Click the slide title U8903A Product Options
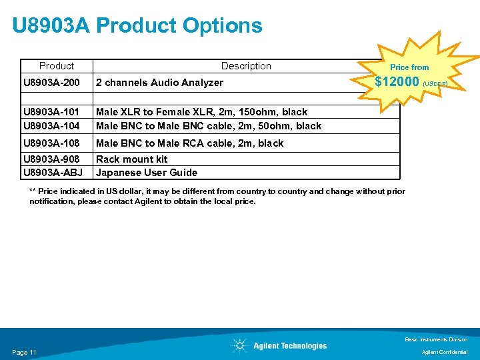click(137, 26)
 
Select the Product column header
click(57, 66)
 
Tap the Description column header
click(246, 66)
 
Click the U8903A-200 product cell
click(52, 83)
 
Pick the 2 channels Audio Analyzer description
click(160, 83)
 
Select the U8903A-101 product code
click(52, 112)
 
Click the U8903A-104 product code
click(52, 125)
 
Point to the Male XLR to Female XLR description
click(201, 112)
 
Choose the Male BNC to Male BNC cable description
click(208, 125)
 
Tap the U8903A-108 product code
click(52, 143)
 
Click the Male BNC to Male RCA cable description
click(189, 143)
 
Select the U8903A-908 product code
click(52, 159)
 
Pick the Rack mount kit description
click(132, 159)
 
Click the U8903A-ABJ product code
click(52, 173)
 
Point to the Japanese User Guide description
click(147, 173)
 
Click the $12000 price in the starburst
click(397, 82)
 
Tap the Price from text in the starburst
click(409, 67)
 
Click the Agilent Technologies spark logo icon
click(239, 345)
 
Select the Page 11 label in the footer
click(24, 352)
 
